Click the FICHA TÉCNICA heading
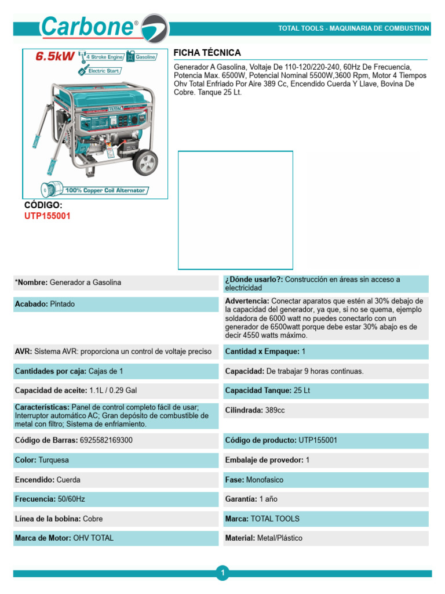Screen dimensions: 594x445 pyautogui.click(x=207, y=53)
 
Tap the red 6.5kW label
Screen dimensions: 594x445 pyautogui.click(x=55, y=57)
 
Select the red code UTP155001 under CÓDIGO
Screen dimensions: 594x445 pyautogui.click(x=48, y=216)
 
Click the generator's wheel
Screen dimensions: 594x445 pyautogui.click(x=145, y=162)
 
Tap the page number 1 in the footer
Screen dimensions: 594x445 pyautogui.click(x=222, y=573)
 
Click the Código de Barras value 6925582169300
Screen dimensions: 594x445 pyautogui.click(x=105, y=440)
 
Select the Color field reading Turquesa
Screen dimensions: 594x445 pyautogui.click(x=53, y=460)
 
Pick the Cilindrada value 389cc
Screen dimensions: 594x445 pyautogui.click(x=275, y=410)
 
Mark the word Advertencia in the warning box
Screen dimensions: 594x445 pyautogui.click(x=246, y=301)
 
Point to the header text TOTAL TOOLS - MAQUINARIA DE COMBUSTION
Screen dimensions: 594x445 pyautogui.click(x=353, y=28)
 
